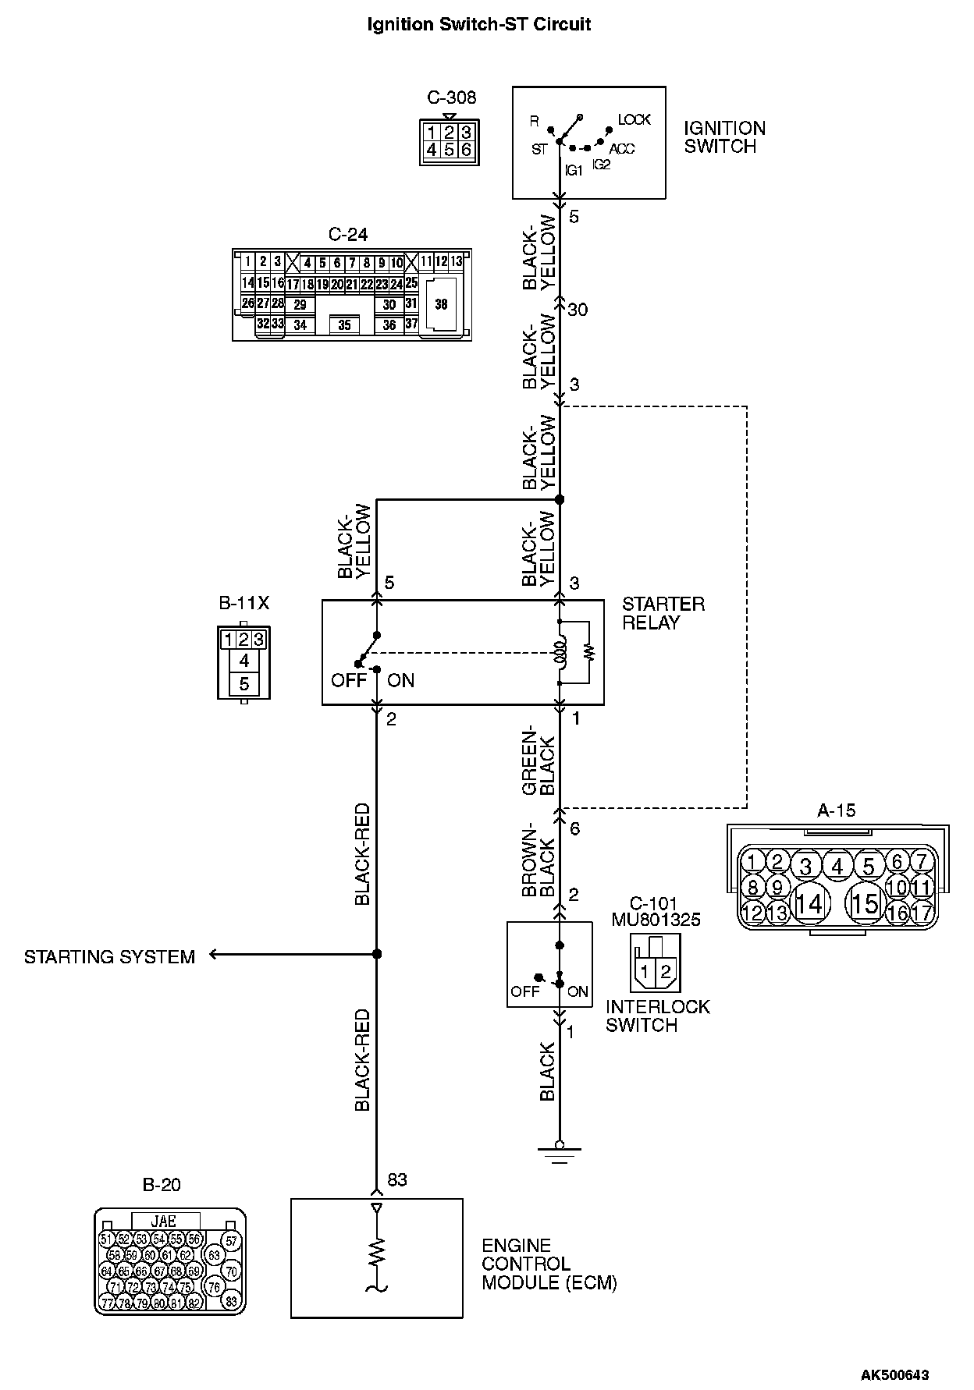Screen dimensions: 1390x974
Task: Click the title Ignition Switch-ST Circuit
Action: (478, 25)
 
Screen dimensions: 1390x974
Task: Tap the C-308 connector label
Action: (451, 98)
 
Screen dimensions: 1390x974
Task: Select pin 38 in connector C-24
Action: (442, 305)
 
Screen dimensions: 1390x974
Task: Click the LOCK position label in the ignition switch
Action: (634, 119)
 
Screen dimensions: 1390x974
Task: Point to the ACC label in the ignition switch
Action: (622, 148)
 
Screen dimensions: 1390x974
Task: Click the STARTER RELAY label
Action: (663, 613)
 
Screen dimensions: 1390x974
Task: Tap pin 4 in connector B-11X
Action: (244, 661)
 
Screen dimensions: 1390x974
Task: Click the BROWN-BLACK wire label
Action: (539, 861)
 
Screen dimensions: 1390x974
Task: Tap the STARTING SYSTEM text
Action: (109, 957)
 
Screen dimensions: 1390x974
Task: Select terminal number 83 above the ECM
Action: (397, 1180)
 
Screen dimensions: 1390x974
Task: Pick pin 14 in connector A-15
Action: (809, 903)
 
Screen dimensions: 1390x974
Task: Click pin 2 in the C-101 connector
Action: (665, 972)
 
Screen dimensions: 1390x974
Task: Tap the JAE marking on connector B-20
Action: (164, 1222)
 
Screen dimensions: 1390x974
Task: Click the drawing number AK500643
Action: (894, 1374)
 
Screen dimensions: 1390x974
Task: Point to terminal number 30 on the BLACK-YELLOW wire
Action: (578, 310)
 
